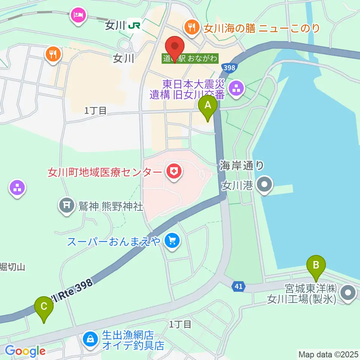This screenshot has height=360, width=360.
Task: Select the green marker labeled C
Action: (x=44, y=307)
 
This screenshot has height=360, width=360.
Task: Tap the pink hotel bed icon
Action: (x=78, y=16)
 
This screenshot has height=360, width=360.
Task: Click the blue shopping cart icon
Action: (x=172, y=240)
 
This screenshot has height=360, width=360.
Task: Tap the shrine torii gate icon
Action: (x=67, y=205)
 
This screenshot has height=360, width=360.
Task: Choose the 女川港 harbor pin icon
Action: (x=265, y=184)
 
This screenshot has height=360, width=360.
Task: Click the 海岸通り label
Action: (x=242, y=165)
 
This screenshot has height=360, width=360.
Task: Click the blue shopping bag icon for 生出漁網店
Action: (x=90, y=339)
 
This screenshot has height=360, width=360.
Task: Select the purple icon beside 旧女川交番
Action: (x=237, y=89)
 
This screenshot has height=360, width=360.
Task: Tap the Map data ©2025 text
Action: (x=328, y=354)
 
